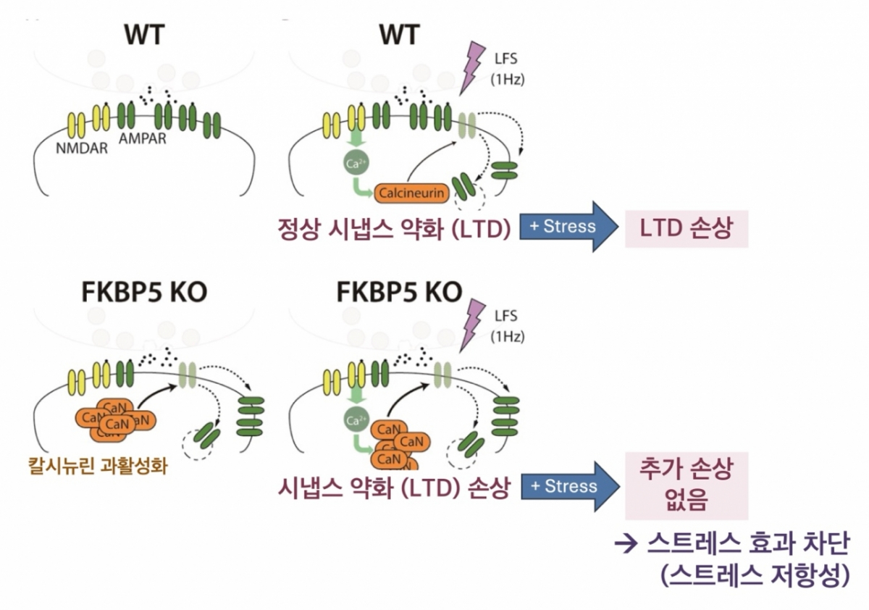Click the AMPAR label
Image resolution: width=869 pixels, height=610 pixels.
click(143, 138)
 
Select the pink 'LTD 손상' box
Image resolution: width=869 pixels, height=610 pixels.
click(686, 227)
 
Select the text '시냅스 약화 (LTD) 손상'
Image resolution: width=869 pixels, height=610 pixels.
click(394, 488)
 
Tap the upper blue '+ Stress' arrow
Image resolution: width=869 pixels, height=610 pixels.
click(568, 226)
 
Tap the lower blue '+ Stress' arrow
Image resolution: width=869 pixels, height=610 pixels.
click(569, 486)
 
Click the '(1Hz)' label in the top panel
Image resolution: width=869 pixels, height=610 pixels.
click(507, 80)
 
